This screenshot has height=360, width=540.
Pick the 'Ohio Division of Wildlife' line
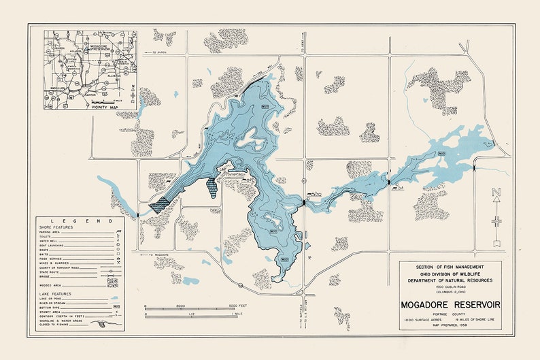(x=450, y=272)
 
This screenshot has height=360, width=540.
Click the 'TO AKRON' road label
(x=161, y=52)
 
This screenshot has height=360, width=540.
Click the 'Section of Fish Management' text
(x=450, y=265)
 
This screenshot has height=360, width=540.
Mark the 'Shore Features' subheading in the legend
(x=56, y=228)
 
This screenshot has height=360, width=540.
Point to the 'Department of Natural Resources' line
(x=450, y=279)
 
